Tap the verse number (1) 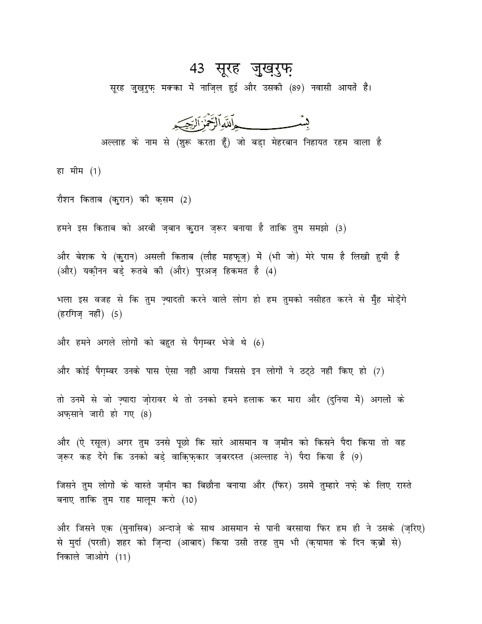(96, 171)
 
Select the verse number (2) (186, 200)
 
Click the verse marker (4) (271, 271)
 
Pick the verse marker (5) (116, 314)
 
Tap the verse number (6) (258, 342)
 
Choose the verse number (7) (379, 371)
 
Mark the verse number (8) (146, 414)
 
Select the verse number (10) (189, 499)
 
